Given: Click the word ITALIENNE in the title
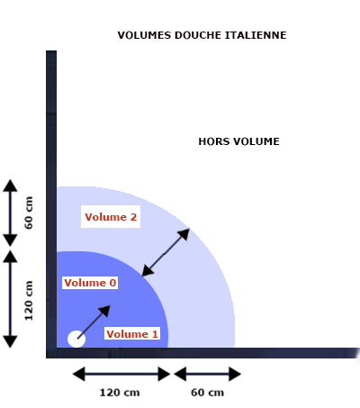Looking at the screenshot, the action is click(x=256, y=35).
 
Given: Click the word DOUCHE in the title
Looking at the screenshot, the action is click(x=198, y=35).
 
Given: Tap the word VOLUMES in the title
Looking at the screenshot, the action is click(x=144, y=35).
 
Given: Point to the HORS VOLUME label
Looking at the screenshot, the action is click(x=238, y=141).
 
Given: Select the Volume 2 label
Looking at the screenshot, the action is click(x=111, y=217).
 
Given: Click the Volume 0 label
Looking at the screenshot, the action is click(x=90, y=283).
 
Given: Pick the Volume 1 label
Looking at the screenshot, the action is click(x=132, y=334).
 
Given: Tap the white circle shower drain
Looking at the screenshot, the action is click(x=76, y=339).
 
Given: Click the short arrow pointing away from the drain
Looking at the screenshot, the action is click(x=94, y=322).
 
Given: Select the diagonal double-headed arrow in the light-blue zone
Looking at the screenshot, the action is click(x=166, y=252).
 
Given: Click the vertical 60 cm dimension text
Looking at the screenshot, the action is click(x=29, y=213).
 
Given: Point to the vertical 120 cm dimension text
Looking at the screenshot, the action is click(x=29, y=301).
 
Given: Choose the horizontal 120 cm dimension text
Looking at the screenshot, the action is click(x=120, y=393).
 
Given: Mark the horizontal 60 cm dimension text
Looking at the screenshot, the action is click(x=207, y=393).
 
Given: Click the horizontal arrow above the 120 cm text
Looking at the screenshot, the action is click(x=121, y=374).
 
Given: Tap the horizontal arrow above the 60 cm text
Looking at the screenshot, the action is click(x=208, y=374).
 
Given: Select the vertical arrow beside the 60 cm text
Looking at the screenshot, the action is click(x=10, y=213).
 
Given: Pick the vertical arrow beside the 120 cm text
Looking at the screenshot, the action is click(x=10, y=299).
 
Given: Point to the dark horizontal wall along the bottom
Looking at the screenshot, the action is click(x=202, y=353).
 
